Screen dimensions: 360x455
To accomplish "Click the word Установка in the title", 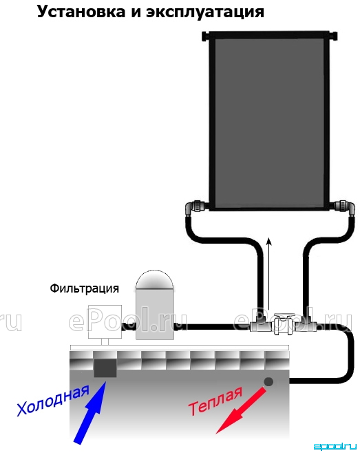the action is click(81, 12).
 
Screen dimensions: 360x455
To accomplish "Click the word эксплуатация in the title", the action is click(205, 13).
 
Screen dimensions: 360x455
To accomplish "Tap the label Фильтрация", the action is click(84, 288).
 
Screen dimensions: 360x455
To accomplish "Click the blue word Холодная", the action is click(53, 401).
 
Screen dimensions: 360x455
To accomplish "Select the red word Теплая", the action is click(215, 401).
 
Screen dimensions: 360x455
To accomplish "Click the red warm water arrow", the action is click(240, 411).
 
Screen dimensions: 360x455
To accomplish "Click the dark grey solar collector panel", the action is click(269, 122).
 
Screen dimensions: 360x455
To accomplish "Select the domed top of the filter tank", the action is click(155, 279).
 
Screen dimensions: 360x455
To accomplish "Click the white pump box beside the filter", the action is click(105, 321).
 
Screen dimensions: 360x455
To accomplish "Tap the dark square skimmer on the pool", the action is click(105, 368).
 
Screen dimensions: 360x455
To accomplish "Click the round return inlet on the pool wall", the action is click(268, 381).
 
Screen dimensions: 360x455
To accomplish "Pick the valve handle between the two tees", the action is click(284, 315).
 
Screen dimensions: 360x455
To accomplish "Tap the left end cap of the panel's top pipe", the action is click(205, 36).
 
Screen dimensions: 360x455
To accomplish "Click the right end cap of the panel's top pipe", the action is click(334, 36).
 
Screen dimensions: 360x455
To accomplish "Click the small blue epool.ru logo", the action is click(335, 447).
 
